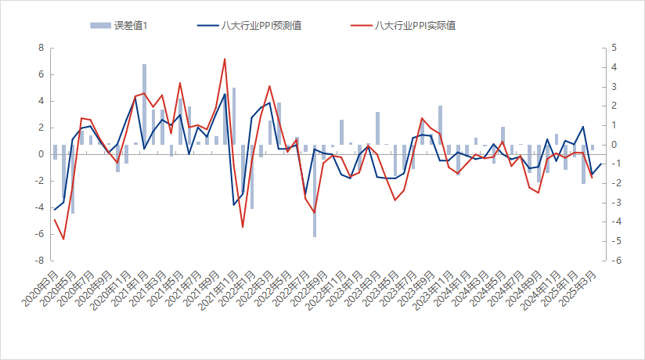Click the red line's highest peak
[x=225, y=59]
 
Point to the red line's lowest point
[x=63, y=239]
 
